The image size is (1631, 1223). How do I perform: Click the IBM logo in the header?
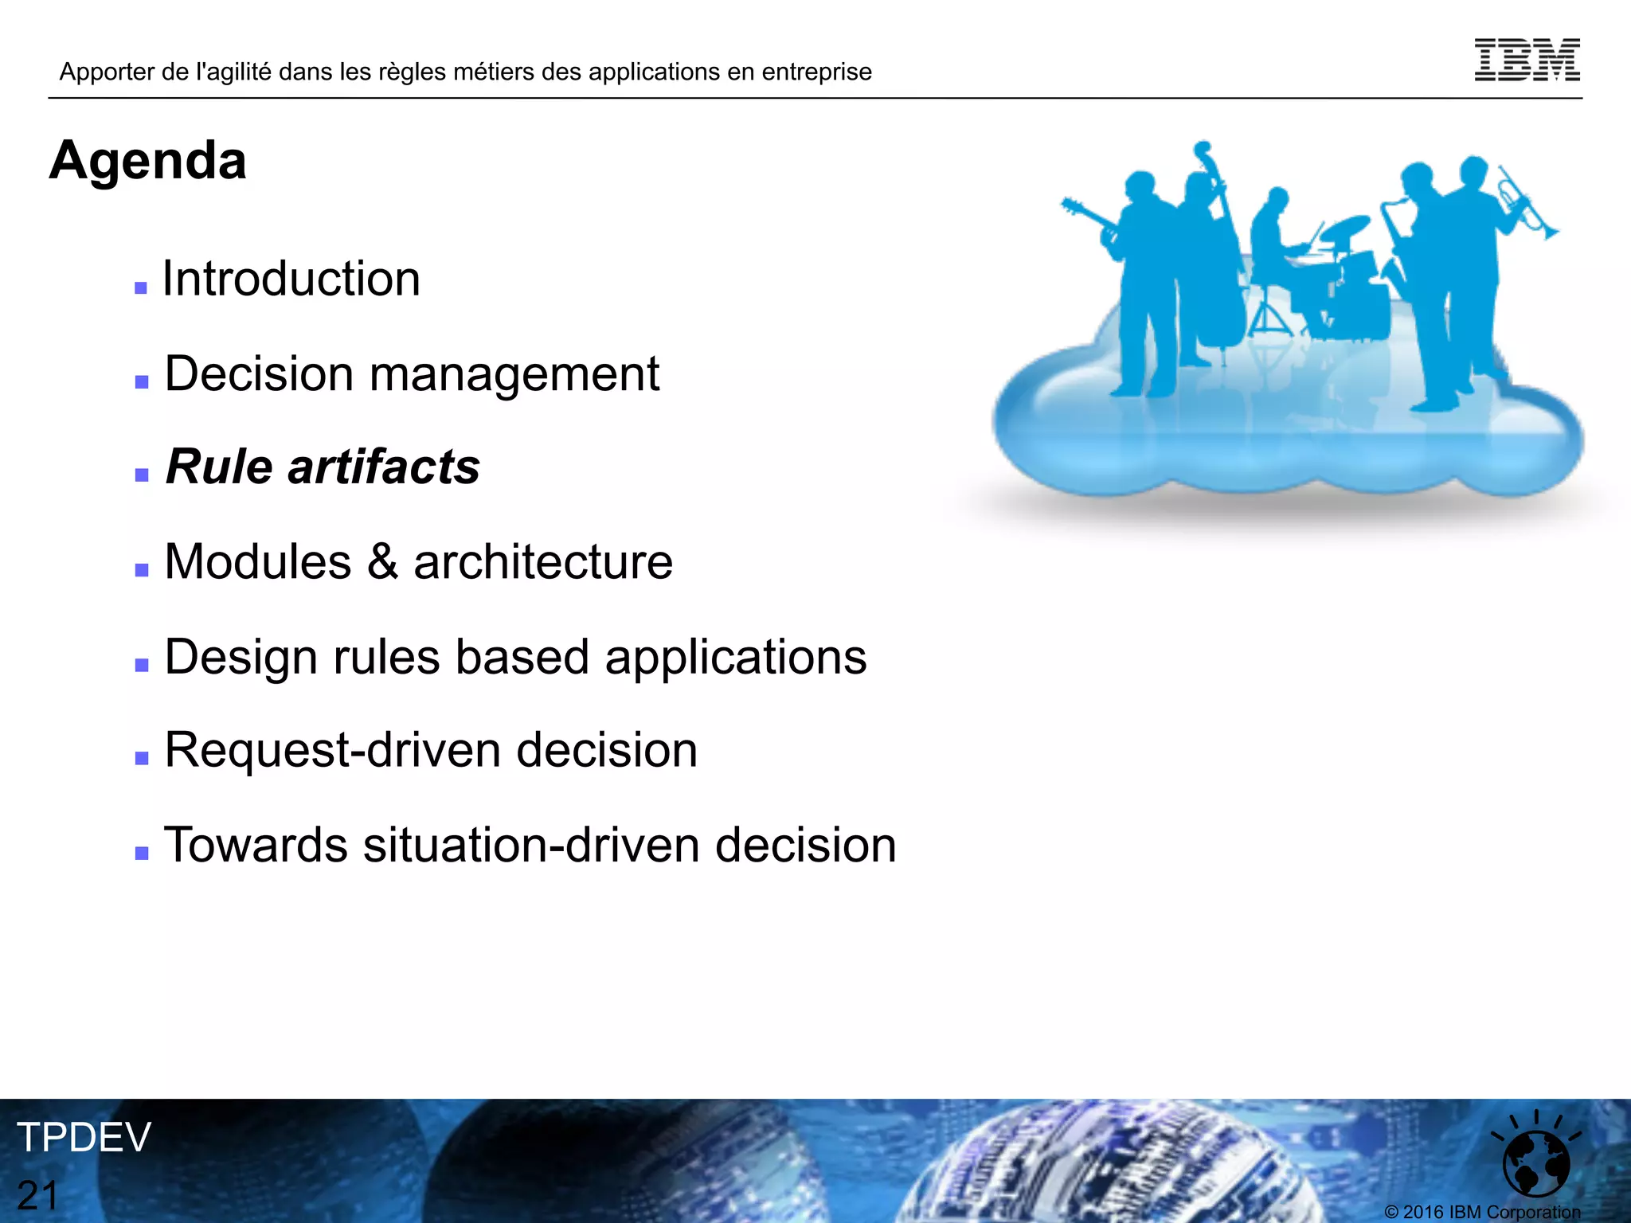tap(1527, 60)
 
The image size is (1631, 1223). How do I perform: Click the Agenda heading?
tap(148, 160)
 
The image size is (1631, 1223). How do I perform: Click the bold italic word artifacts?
tap(384, 467)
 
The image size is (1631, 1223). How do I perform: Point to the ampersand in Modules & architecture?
tap(382, 561)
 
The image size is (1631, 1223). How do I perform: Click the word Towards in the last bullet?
tap(256, 845)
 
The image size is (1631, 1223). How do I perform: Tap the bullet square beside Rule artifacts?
tap(142, 475)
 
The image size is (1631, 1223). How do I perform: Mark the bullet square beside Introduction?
tap(141, 288)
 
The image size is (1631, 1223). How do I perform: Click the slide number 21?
tap(38, 1195)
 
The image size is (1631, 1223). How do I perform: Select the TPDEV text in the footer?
tap(84, 1137)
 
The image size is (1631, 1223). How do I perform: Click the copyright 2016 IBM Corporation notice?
tap(1482, 1212)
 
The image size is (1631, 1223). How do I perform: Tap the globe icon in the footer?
tap(1535, 1163)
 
